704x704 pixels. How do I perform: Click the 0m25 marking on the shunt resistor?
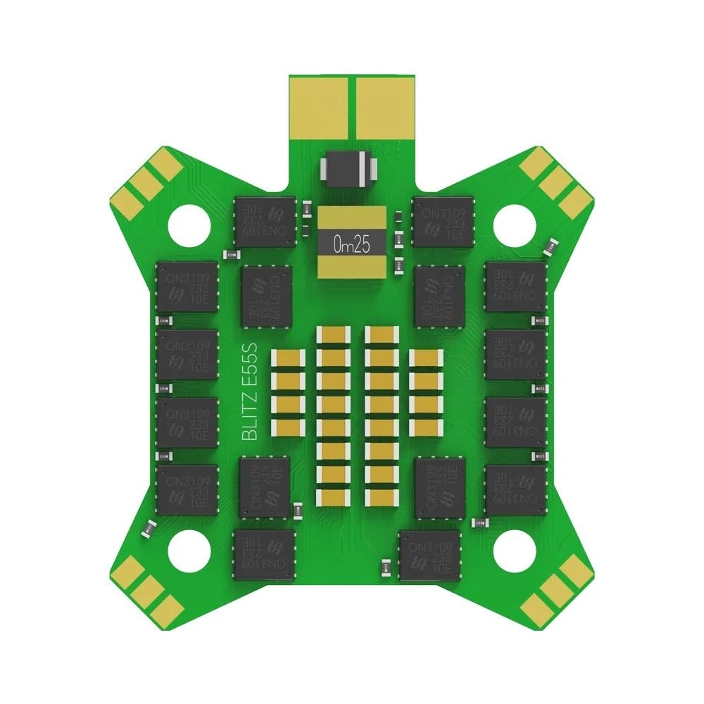tap(351, 245)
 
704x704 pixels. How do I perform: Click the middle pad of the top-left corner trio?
tap(147, 182)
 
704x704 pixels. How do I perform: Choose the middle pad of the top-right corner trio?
tap(556, 182)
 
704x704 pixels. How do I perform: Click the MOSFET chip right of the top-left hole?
tap(265, 222)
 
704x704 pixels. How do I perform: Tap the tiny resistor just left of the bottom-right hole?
tap(479, 522)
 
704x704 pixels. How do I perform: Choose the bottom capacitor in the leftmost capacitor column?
tap(289, 426)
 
